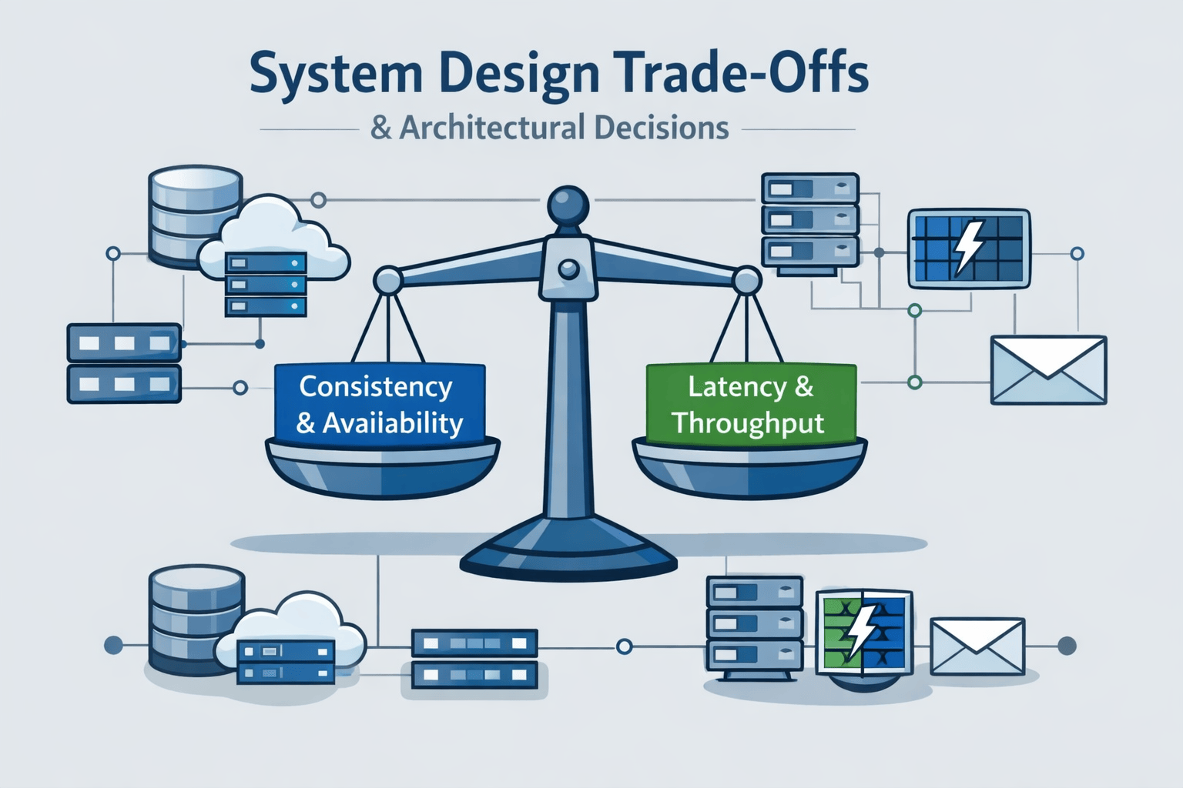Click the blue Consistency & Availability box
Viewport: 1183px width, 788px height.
click(x=380, y=404)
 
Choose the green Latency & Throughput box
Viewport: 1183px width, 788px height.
click(x=750, y=404)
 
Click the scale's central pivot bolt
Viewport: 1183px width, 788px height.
click(x=568, y=269)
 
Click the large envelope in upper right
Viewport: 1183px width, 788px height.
click(x=1048, y=370)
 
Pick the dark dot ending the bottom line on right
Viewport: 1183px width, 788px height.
click(x=1067, y=646)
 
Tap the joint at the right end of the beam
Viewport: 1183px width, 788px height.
click(x=746, y=281)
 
